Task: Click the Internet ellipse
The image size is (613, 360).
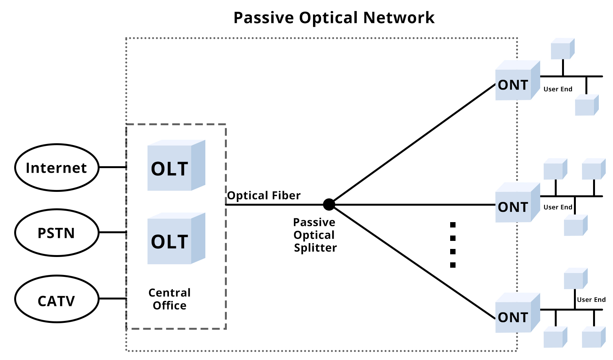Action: tap(57, 168)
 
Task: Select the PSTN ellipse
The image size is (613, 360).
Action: tap(57, 233)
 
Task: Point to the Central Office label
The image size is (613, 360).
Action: tap(169, 299)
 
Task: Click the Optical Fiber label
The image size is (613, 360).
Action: tap(264, 196)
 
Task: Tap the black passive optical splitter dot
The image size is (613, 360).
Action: tap(329, 205)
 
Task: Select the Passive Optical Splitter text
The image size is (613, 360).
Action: tap(315, 235)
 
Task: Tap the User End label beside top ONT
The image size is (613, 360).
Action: tap(557, 89)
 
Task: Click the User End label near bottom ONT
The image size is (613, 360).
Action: tap(591, 300)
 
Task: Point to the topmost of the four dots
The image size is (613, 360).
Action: tap(453, 225)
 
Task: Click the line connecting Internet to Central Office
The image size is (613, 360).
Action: tap(113, 167)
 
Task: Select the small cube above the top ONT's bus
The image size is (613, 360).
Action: tap(562, 49)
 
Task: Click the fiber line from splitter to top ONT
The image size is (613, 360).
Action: tap(414, 144)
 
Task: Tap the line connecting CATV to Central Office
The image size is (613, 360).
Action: tap(113, 298)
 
